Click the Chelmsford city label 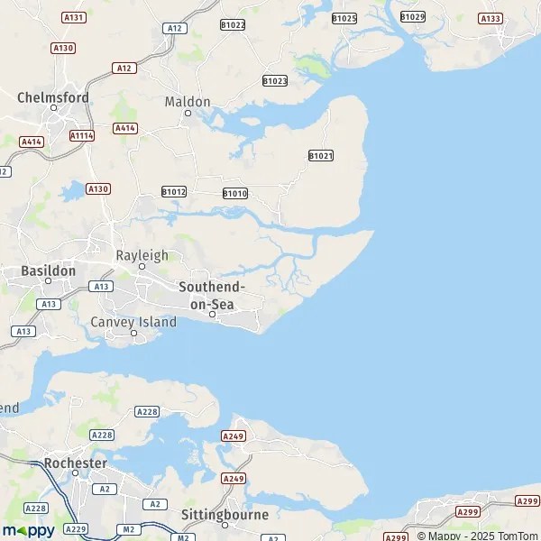(53, 96)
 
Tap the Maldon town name (188, 102)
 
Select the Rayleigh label (142, 255)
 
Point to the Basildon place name (49, 270)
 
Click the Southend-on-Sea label (212, 295)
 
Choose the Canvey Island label (133, 322)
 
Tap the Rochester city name (76, 463)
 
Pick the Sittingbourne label (225, 515)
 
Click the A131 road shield (74, 17)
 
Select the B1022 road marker (233, 24)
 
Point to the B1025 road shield (344, 18)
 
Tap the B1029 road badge (413, 16)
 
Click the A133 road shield (491, 18)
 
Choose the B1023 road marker (275, 80)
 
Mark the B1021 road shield (321, 156)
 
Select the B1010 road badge (234, 193)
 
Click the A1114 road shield (82, 135)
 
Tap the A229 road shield (78, 529)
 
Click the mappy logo (28, 530)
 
